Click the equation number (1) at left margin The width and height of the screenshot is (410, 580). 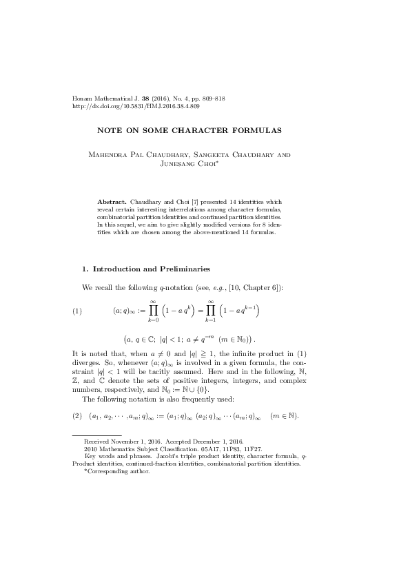click(77, 311)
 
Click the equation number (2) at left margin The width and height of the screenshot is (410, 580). click(77, 416)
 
